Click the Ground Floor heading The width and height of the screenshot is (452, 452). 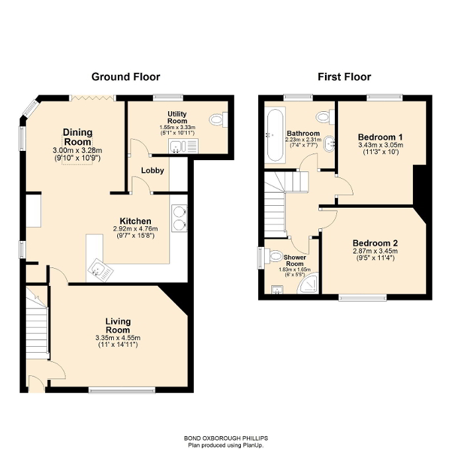(121, 77)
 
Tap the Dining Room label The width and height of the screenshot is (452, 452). (77, 137)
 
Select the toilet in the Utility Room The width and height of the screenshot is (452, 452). (218, 120)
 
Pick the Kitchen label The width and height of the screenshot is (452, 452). (135, 221)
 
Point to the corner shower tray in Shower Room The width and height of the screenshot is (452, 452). (308, 285)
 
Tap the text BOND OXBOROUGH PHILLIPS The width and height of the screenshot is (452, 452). (226, 438)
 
